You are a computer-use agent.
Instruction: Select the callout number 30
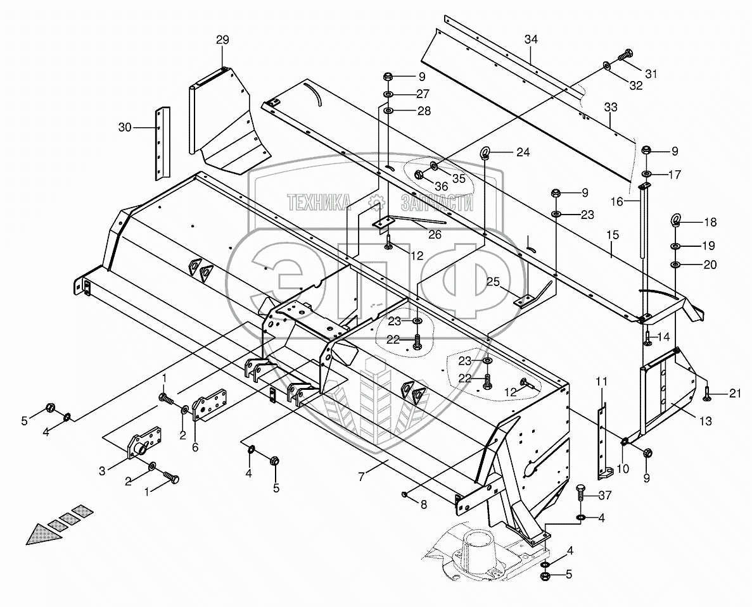coord(125,127)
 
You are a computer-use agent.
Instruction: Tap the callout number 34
coord(530,40)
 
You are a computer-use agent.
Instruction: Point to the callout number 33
coord(609,108)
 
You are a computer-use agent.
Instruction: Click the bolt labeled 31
coord(625,56)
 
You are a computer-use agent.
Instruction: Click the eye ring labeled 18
coord(675,221)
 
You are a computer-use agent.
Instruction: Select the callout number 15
coord(612,235)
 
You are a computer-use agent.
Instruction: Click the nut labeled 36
coord(419,176)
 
